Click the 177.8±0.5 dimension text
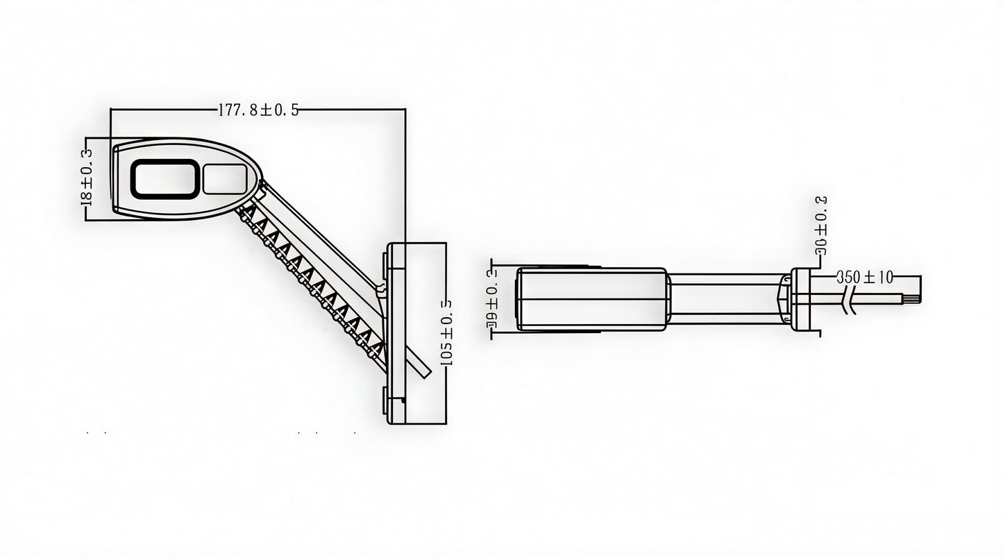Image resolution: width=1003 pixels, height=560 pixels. pos(258,110)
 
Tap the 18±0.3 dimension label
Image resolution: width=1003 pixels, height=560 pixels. pos(87,176)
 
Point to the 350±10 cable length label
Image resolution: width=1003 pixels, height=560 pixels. pos(864,277)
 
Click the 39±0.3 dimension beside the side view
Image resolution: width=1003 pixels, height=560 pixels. pos(491,299)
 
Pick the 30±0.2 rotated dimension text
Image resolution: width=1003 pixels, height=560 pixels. pos(820,226)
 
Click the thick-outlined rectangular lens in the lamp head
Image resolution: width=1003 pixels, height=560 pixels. pos(165,178)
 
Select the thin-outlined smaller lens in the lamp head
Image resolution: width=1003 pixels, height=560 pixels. pos(224,178)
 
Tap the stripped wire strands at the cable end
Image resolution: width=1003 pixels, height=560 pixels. pos(910,299)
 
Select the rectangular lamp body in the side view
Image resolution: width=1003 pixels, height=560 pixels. pos(591,299)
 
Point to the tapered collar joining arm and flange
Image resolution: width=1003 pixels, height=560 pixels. pos(785,299)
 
